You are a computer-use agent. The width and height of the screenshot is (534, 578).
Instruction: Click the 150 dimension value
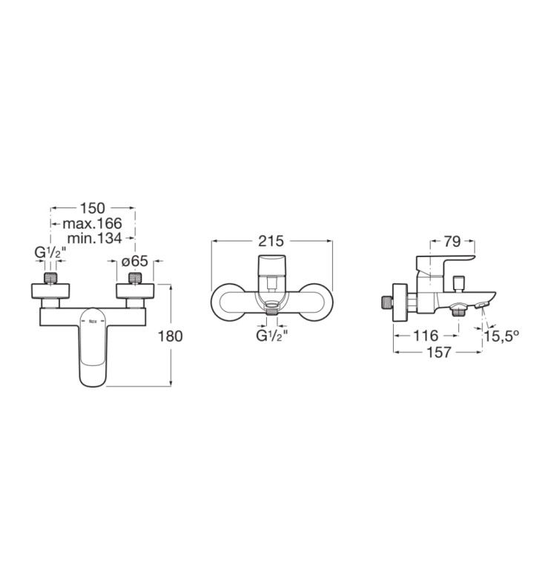click(93, 208)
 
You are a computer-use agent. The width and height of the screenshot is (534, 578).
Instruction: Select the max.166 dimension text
click(92, 223)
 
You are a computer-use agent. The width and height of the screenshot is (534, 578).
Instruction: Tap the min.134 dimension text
click(94, 238)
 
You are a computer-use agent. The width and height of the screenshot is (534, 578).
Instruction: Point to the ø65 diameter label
click(135, 262)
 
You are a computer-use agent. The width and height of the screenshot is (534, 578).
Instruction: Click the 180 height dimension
click(170, 336)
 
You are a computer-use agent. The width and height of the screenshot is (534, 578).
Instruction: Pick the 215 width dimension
click(271, 241)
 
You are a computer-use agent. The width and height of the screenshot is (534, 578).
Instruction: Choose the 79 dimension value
click(452, 242)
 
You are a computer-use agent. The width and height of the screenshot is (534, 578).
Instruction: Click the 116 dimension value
click(426, 336)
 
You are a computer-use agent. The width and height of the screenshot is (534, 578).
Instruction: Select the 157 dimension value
click(439, 353)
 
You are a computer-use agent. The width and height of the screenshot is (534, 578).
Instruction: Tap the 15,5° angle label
click(501, 336)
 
